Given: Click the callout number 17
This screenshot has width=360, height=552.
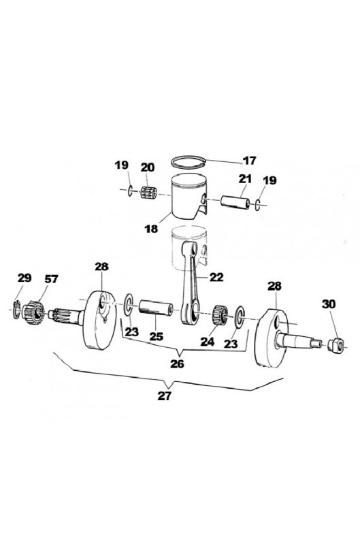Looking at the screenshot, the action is click(x=250, y=161).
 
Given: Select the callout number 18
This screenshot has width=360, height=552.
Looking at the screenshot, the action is click(x=151, y=229).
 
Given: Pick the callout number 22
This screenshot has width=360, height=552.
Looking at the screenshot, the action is click(x=216, y=278).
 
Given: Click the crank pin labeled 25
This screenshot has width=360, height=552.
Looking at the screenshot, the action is click(x=156, y=308).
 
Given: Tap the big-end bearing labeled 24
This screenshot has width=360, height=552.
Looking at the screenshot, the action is click(x=220, y=315).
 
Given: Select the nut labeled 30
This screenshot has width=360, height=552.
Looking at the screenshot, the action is click(x=336, y=344).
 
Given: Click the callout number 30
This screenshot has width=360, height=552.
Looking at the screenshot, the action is click(x=329, y=304).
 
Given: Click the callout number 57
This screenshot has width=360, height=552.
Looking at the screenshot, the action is click(x=51, y=279).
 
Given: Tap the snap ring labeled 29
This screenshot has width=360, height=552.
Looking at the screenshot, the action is click(x=16, y=310).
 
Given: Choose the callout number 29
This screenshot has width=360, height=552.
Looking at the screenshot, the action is click(x=24, y=278).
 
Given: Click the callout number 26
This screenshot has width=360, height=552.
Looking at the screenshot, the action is click(x=177, y=363).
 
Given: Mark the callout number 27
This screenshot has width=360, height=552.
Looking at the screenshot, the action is click(x=164, y=396).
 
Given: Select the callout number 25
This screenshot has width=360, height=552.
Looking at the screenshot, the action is click(x=157, y=336).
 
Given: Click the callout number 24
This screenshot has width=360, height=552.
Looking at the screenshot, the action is click(x=208, y=342).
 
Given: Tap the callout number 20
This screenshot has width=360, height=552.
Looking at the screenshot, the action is click(x=148, y=167).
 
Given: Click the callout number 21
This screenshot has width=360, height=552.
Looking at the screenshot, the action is click(x=245, y=179).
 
